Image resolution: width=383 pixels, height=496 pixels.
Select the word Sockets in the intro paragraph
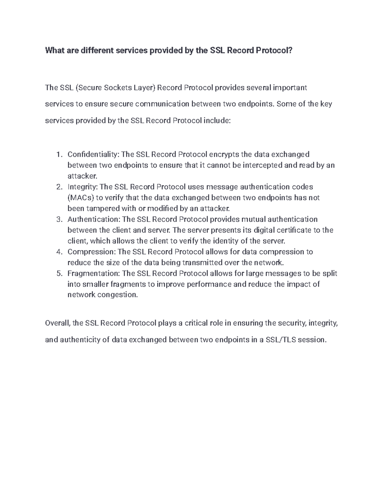tap(116, 88)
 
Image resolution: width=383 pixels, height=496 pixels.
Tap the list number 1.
tap(58, 155)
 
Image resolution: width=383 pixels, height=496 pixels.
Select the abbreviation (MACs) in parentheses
tap(81, 198)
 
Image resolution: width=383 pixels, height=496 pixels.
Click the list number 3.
tap(58, 219)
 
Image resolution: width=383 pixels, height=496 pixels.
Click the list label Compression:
tap(92, 252)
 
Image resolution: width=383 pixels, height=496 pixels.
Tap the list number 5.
tap(58, 273)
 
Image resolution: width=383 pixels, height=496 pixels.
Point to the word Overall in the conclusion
tap(57, 323)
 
